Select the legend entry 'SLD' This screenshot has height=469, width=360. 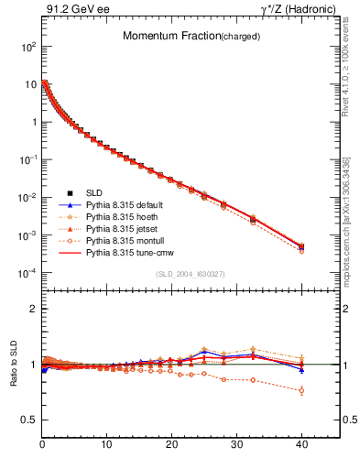point(93,192)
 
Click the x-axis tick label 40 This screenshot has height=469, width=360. point(300,445)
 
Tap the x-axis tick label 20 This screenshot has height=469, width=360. point(171,445)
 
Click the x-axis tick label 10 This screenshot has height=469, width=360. point(107,445)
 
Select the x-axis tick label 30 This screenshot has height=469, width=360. point(236,445)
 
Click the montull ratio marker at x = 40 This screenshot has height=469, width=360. point(300,390)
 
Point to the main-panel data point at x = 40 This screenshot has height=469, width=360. point(300,247)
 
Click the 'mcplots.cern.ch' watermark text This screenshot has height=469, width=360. point(347,229)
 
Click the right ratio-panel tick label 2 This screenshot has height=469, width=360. point(345,309)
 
